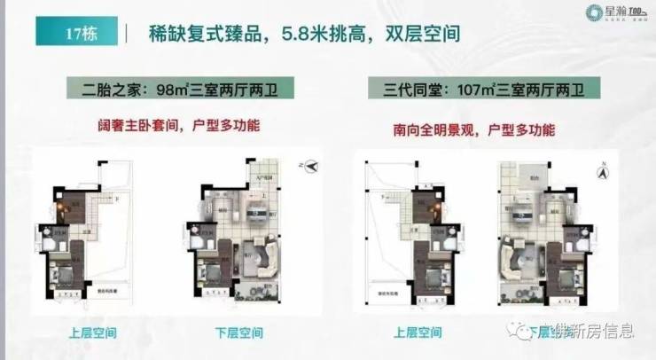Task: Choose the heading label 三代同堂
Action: pos(409,90)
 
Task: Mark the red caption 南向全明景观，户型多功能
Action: pos(473,129)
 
